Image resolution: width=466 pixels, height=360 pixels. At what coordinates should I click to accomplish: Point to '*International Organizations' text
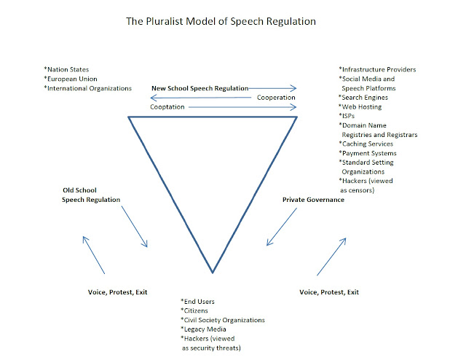coord(88,88)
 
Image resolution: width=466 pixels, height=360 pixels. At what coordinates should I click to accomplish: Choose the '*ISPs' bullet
coord(350,117)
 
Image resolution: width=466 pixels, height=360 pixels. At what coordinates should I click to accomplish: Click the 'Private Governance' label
coord(313,199)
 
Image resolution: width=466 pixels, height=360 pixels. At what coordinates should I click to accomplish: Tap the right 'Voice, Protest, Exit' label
coord(329,291)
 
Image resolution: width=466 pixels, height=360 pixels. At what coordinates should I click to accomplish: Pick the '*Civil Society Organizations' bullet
coord(223,320)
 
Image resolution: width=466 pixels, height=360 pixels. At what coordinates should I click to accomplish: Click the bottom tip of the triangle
coord(213,273)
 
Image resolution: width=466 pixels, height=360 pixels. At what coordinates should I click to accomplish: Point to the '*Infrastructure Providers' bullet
coord(377,69)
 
